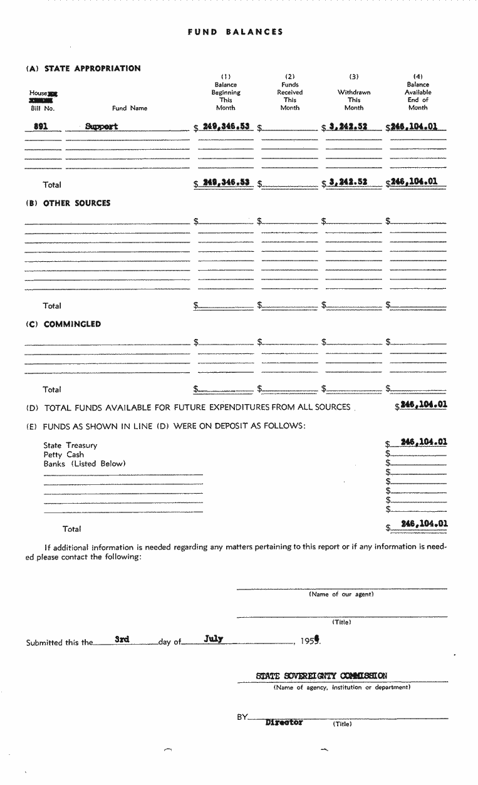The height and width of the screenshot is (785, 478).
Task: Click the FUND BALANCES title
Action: (236, 32)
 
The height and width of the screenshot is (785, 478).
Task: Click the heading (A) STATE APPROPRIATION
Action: (83, 69)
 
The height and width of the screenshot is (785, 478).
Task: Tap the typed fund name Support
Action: (101, 127)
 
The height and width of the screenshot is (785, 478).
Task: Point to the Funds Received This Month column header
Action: (290, 96)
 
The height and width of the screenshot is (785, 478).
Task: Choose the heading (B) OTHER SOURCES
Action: (68, 204)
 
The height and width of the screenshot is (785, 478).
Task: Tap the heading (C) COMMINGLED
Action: (63, 325)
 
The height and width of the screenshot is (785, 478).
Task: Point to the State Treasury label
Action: (70, 445)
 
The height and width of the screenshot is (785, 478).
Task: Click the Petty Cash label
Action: (63, 455)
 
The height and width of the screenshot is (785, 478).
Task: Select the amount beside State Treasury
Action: (423, 442)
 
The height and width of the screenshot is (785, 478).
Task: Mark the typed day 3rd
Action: (122, 640)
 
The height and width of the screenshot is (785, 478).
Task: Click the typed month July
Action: (214, 640)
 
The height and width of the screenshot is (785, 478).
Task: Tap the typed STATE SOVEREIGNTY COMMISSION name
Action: (321, 676)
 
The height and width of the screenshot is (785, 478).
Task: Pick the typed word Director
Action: (284, 722)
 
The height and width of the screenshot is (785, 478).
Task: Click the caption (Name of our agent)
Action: (341, 595)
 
